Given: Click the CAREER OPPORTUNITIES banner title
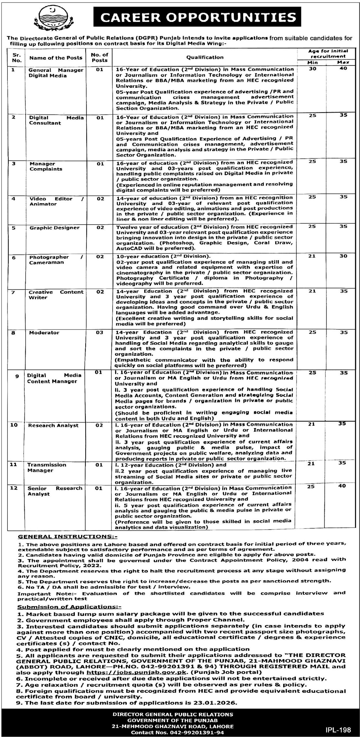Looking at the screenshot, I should [198, 17].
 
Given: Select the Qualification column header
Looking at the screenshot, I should [205, 57].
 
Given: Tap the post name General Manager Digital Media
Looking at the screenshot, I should [56, 73].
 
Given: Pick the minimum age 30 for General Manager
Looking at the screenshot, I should [313, 69].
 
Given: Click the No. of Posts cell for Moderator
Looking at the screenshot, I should [100, 333].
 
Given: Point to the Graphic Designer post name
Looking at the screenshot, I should [54, 228].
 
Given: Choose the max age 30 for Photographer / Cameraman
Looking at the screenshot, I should [343, 256].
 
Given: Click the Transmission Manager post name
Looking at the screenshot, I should [47, 468].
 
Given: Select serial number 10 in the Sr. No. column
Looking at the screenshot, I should [14, 425].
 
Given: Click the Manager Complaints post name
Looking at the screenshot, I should [46, 166].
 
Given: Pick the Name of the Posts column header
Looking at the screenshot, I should [56, 58].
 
